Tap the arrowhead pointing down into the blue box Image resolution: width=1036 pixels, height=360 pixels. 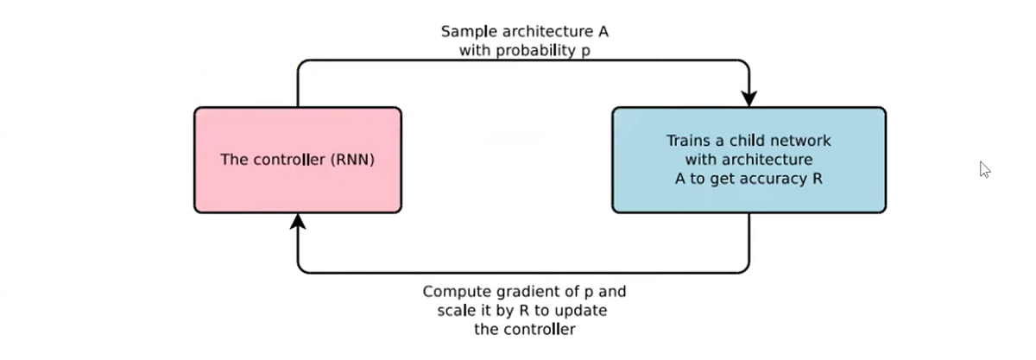pos(749,96)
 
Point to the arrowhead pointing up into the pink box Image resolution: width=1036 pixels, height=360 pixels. pos(298,224)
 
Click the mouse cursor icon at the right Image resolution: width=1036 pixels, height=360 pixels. pos(984,169)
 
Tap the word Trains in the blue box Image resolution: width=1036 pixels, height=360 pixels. pos(687,140)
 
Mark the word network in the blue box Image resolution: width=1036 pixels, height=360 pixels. pos(799,140)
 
